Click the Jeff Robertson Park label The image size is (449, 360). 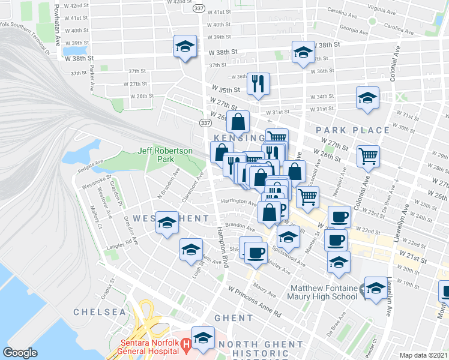(x=155, y=155)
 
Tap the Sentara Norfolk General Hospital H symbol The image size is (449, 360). (x=186, y=344)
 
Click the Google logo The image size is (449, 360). (x=20, y=353)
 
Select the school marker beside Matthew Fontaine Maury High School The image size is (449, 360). (x=376, y=289)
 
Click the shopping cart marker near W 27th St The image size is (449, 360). (x=367, y=157)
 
